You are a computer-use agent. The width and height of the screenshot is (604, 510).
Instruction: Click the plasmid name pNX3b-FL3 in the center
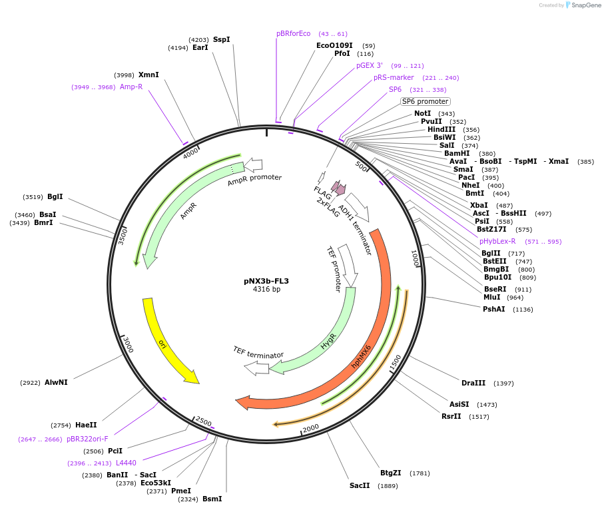[x=266, y=281]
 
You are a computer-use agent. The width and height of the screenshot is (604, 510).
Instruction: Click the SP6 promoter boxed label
[x=425, y=101]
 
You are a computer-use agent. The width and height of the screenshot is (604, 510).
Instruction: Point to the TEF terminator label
[x=258, y=353]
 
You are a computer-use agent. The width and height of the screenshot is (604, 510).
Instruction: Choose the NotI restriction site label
[x=423, y=114]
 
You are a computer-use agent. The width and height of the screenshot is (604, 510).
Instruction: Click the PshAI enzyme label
[x=494, y=309]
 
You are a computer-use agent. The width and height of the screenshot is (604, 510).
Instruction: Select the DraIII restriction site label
[x=473, y=383]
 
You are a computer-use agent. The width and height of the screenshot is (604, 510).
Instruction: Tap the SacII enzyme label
[x=360, y=485]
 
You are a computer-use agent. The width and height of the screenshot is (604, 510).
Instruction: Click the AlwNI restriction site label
[x=56, y=382]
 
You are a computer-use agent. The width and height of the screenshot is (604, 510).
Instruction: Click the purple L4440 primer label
[x=126, y=463]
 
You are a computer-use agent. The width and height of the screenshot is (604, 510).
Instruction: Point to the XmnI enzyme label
[x=149, y=75]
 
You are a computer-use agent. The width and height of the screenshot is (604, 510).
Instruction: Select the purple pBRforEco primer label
[x=294, y=33]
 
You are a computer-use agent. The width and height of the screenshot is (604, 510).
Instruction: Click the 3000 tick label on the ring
[x=128, y=345]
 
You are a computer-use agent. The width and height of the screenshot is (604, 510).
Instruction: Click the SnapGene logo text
[x=583, y=5]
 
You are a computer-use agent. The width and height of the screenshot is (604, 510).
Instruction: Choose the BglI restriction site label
[x=55, y=196]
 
